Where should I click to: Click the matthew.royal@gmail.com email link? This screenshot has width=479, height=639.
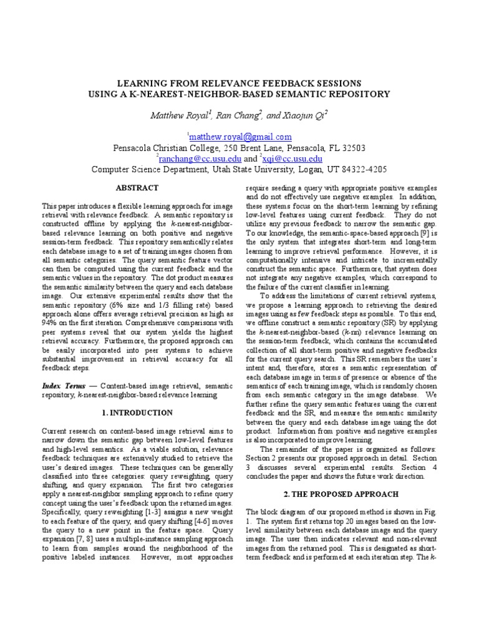pyautogui.click(x=240, y=137)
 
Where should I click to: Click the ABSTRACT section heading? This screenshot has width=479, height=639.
pyautogui.click(x=137, y=188)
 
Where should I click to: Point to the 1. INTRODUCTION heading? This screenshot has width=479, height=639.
pyautogui.click(x=137, y=412)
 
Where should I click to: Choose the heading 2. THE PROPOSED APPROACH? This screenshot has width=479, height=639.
pyautogui.click(x=341, y=494)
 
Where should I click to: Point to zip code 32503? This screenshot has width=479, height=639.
pyautogui.click(x=352, y=148)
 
